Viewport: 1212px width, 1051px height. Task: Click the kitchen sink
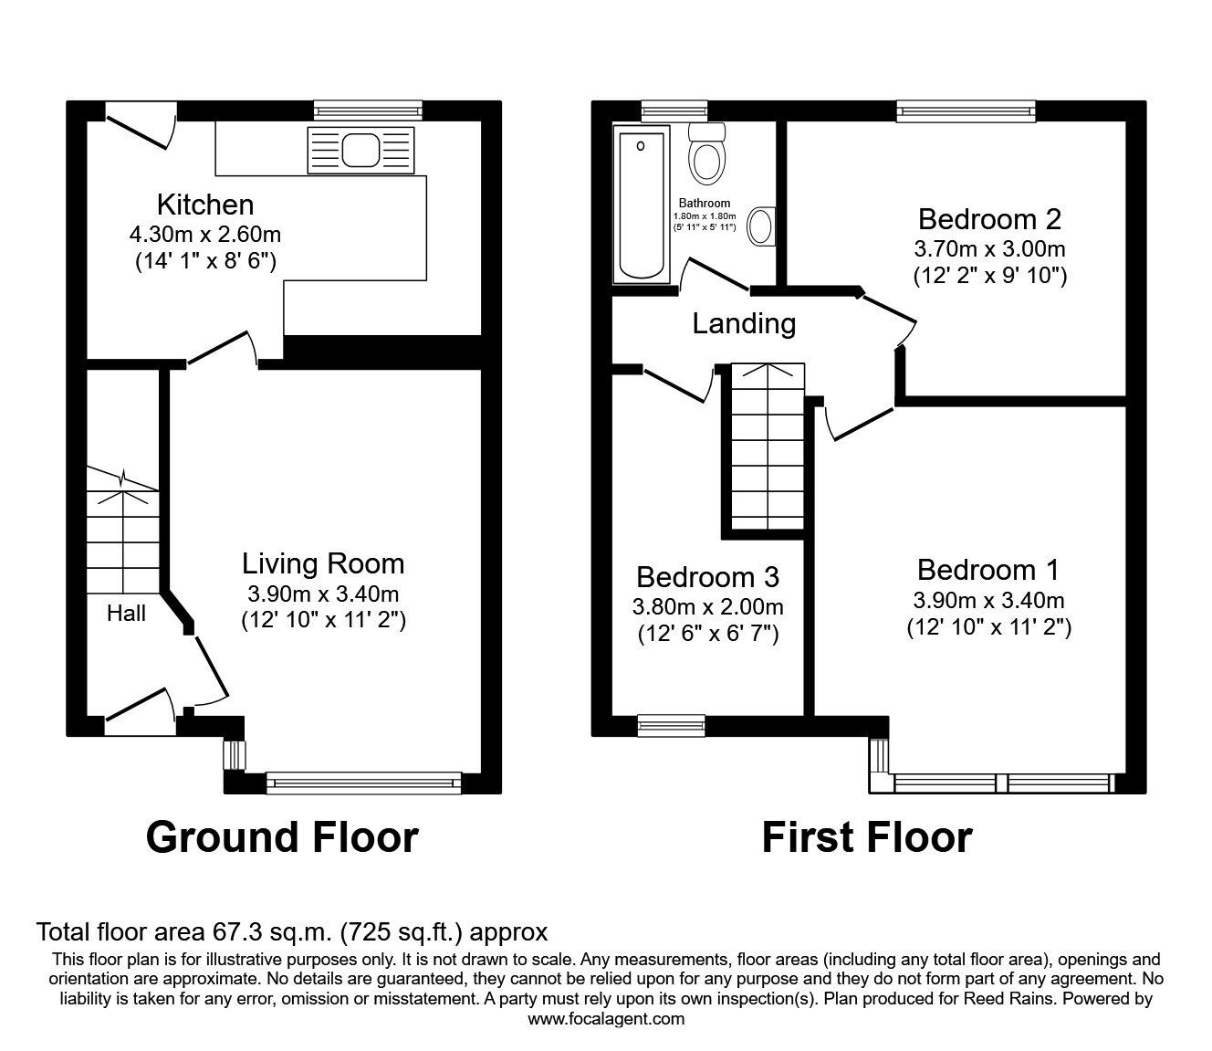click(x=361, y=150)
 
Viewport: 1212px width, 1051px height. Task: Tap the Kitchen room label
click(x=205, y=204)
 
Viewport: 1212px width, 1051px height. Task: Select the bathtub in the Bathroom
click(x=643, y=204)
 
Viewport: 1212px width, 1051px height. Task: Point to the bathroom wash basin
click(x=760, y=226)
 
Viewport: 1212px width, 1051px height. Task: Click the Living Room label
click(x=323, y=563)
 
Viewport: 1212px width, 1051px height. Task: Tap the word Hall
click(x=126, y=614)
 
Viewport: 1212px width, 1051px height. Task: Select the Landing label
click(x=744, y=323)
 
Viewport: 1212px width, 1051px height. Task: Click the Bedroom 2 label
click(x=989, y=219)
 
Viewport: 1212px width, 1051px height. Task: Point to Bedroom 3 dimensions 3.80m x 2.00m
click(x=707, y=606)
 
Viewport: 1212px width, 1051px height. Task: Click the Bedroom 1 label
click(x=988, y=570)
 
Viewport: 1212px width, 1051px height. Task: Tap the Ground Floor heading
click(x=282, y=836)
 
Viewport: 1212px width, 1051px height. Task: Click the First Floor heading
click(x=867, y=836)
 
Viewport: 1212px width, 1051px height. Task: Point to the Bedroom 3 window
click(x=671, y=725)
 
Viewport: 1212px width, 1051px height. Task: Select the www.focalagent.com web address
click(x=606, y=1019)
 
